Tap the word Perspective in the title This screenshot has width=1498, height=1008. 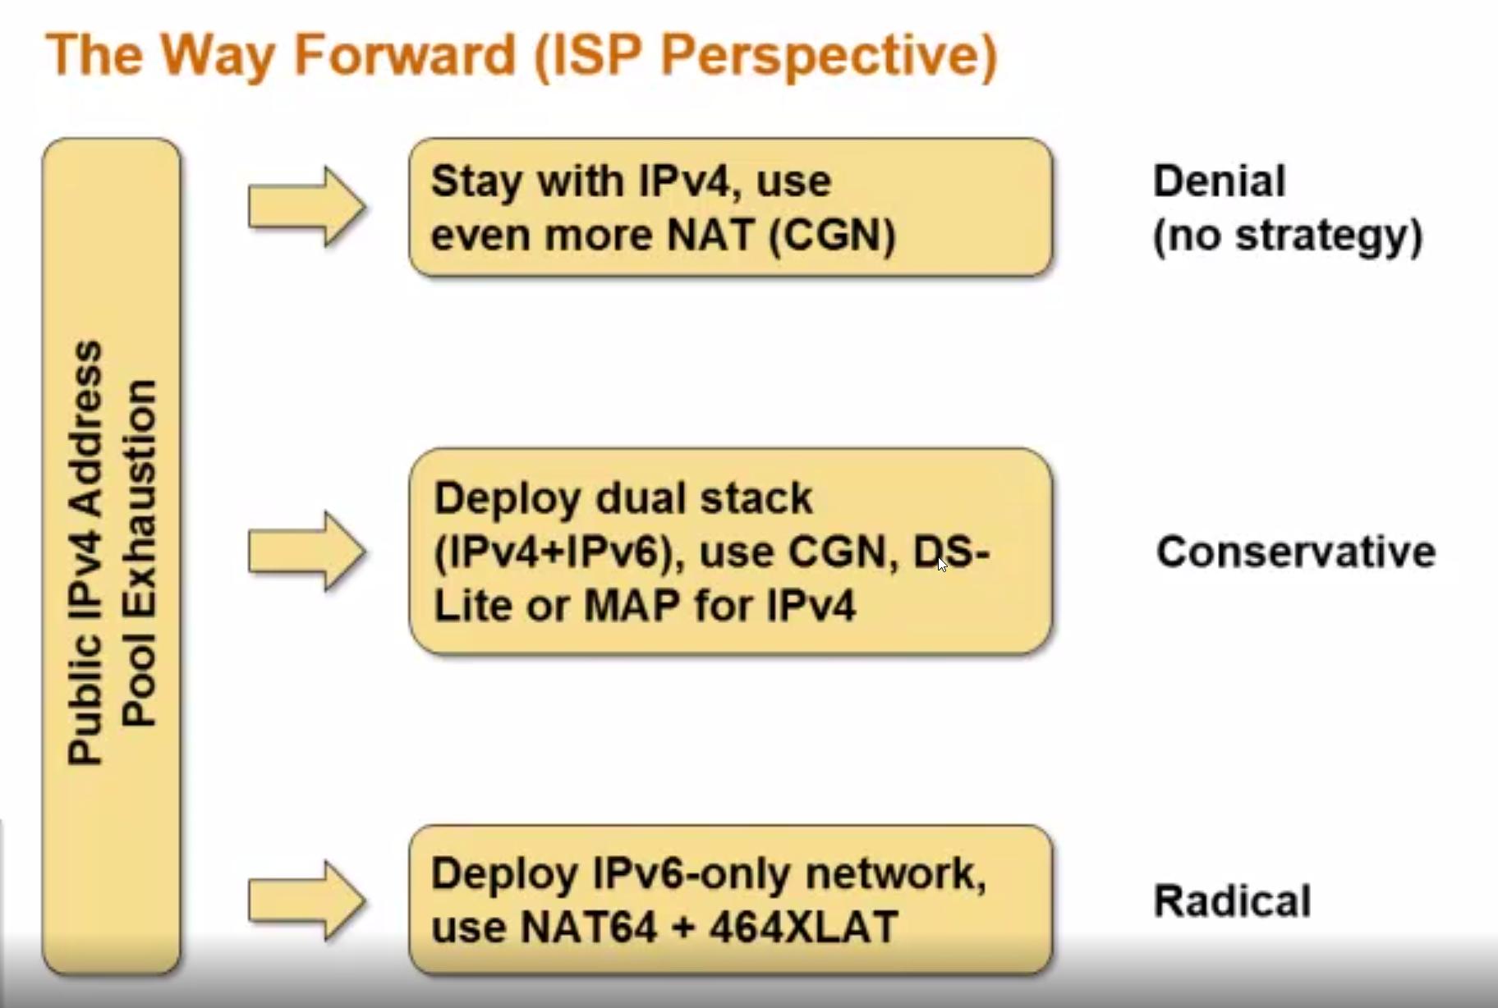828,56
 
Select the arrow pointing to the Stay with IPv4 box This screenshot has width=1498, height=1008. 306,206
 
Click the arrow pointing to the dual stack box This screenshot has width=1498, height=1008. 306,551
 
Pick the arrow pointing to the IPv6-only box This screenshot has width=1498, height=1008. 306,900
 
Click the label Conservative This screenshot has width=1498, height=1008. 1295,551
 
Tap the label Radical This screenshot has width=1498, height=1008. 1232,900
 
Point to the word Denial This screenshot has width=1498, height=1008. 1219,181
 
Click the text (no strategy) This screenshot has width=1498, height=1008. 1287,236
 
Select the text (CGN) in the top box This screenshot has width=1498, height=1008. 832,236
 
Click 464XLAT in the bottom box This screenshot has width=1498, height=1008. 802,928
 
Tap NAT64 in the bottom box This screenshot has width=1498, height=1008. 589,928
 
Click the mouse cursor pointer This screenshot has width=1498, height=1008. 941,563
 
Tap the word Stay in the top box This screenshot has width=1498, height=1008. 477,181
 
